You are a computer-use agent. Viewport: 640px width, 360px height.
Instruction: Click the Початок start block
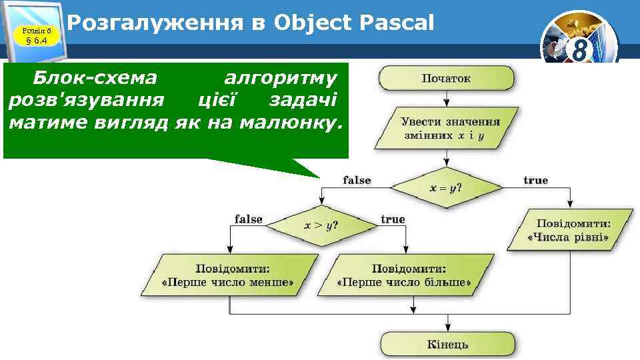pos(446,78)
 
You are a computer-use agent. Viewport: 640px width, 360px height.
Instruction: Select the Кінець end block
pos(447,344)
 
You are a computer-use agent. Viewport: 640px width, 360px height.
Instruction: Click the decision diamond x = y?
pos(446,188)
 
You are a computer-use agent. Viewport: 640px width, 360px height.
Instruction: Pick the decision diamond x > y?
pos(321,225)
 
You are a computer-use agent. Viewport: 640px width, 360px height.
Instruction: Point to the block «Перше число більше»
pos(404,275)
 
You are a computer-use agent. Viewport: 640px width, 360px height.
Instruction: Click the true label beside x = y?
pos(535,180)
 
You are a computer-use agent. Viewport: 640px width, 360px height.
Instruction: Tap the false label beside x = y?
pos(357,180)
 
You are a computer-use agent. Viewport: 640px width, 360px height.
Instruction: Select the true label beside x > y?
pos(393,219)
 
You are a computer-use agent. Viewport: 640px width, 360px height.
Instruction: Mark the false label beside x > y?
pos(249,219)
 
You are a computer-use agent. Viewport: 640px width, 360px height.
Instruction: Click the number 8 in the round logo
pos(579,50)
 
